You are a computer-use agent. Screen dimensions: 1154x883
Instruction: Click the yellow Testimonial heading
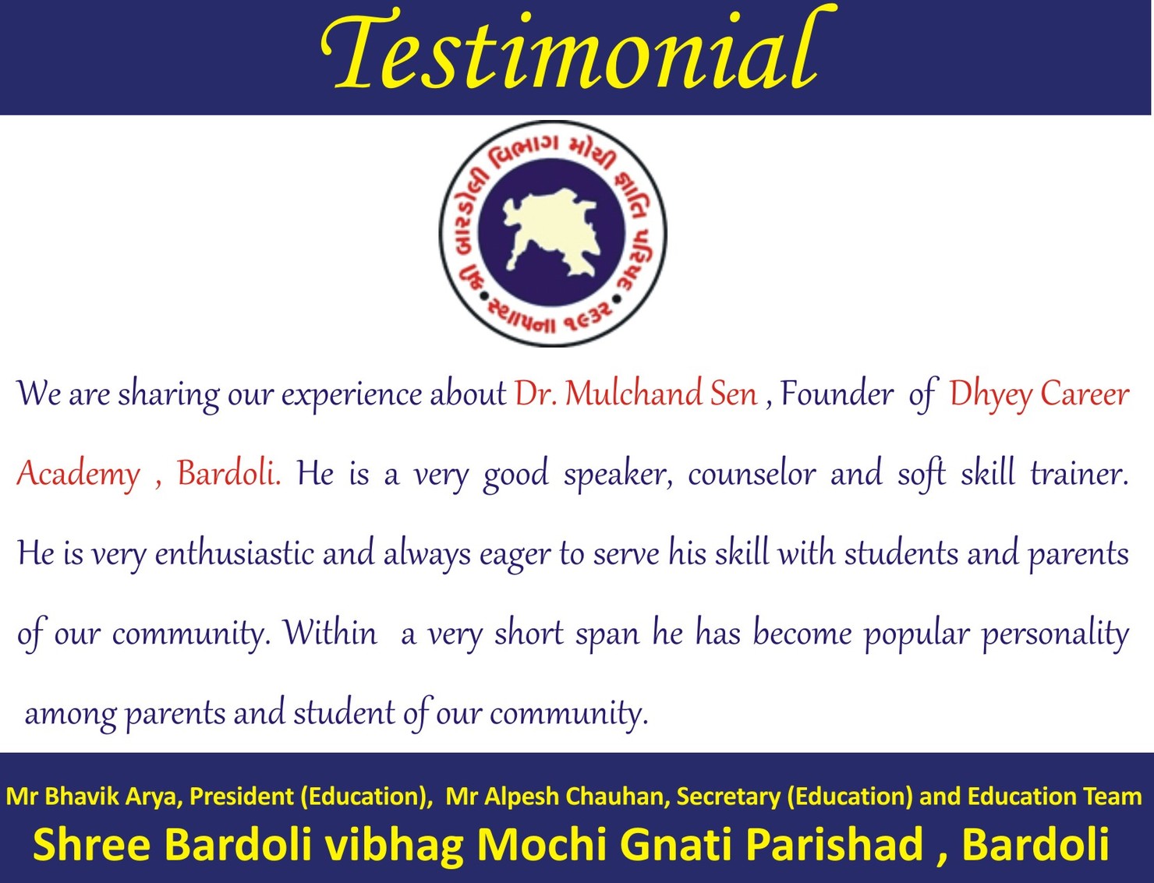pos(578,53)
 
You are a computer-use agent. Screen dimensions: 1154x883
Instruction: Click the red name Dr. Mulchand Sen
pos(635,394)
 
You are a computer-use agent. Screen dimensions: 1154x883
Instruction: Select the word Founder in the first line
pos(837,394)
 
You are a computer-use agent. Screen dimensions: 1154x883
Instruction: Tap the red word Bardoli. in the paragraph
pos(229,473)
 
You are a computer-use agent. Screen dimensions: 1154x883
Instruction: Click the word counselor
pos(752,473)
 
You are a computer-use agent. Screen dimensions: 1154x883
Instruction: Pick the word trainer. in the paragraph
pos(1079,473)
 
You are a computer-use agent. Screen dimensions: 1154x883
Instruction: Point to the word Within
pos(330,633)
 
